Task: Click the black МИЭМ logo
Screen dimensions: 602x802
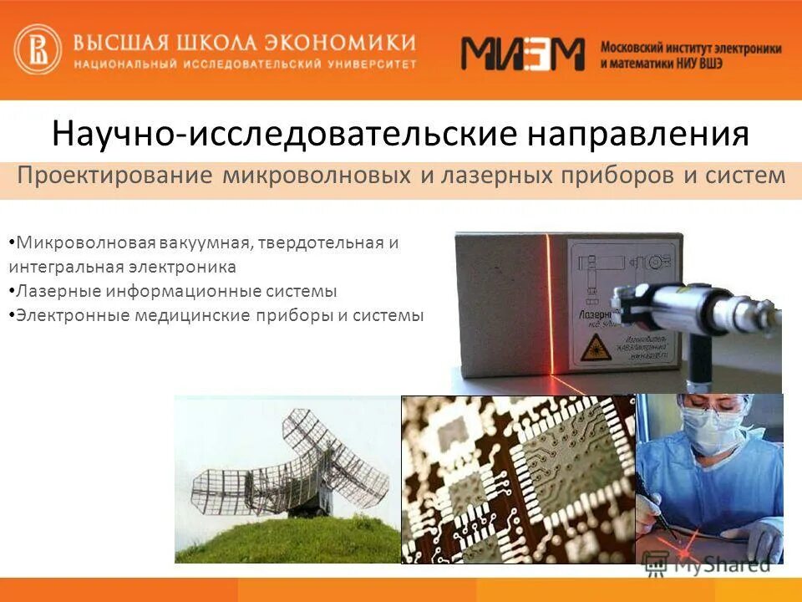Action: (523, 54)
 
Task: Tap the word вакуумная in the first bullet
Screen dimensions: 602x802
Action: (206, 243)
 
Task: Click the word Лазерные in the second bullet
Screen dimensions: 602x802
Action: (48, 291)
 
